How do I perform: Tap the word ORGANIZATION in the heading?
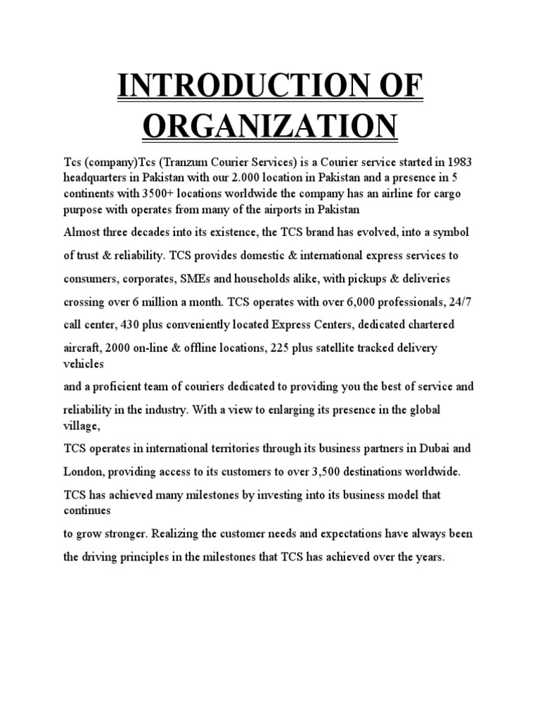pos(269,127)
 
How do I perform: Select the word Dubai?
pos(439,448)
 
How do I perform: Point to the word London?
pos(86,472)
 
